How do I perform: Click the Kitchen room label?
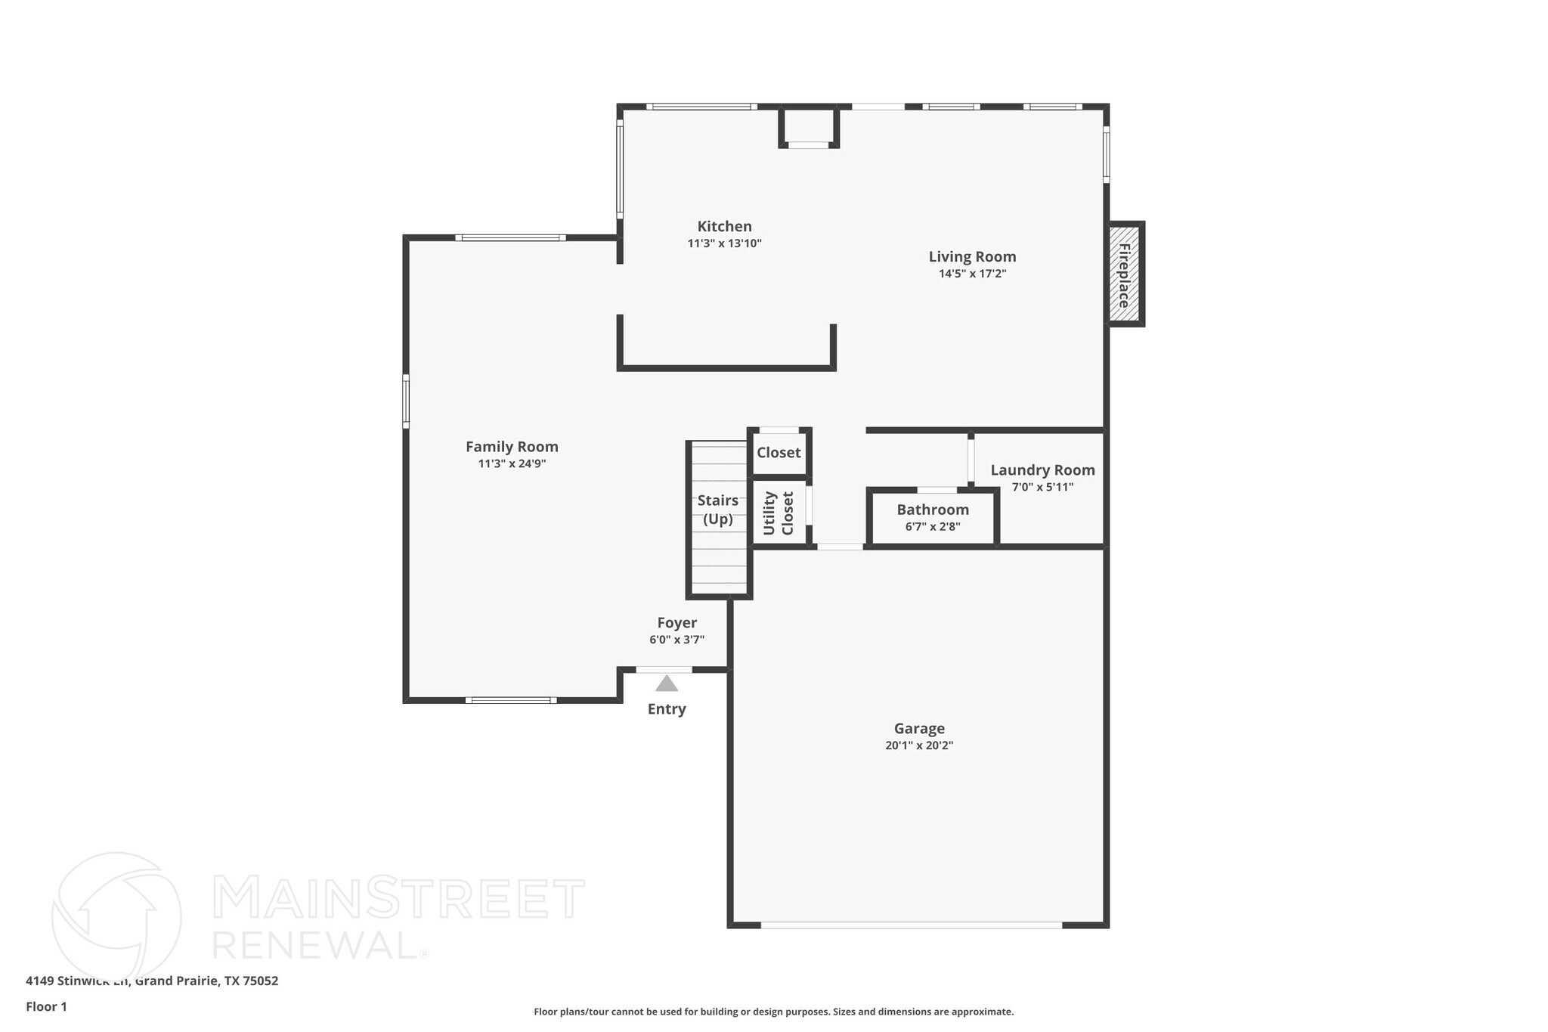tap(724, 226)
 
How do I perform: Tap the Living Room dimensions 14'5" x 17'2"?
tap(972, 274)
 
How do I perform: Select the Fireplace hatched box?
tap(1124, 274)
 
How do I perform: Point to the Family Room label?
tap(512, 447)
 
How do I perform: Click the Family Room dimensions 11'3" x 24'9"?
tap(512, 464)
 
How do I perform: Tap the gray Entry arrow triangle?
tap(666, 684)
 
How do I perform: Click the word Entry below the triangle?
tap(667, 709)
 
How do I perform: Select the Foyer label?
tap(676, 623)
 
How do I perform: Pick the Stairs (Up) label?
tap(717, 510)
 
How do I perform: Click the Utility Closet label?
tap(779, 513)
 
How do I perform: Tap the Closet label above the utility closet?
tap(779, 452)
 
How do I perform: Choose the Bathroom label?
tap(933, 510)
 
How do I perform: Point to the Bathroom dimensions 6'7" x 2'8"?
tap(933, 527)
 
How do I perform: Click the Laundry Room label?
tap(1042, 470)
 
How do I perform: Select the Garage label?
tap(919, 729)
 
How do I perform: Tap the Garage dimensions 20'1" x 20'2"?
tap(919, 745)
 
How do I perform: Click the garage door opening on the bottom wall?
tap(911, 925)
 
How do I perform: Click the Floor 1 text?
tap(46, 1006)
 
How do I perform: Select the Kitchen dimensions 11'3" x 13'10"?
tap(724, 243)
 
